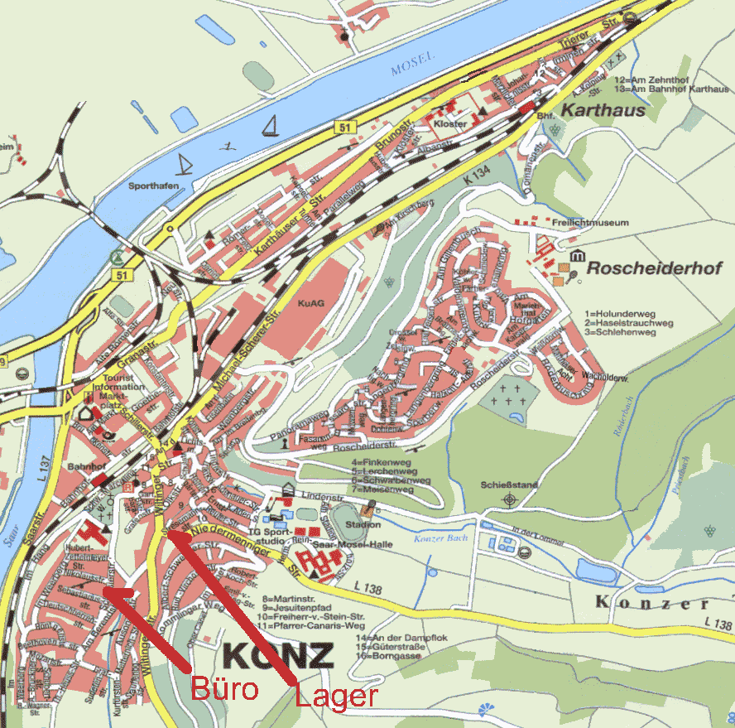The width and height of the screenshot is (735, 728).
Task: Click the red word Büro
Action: click(226, 688)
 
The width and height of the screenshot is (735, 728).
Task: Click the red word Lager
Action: click(337, 696)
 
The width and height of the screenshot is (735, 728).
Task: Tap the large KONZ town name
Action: click(278, 655)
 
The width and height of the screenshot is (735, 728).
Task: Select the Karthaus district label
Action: click(603, 109)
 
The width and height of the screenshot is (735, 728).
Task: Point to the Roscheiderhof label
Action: click(655, 268)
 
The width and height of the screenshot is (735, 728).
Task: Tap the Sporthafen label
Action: click(154, 186)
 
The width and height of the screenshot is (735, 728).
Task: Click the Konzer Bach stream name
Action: click(440, 538)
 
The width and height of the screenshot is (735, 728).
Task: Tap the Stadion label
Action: click(364, 524)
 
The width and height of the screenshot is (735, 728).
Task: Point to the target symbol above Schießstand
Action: click(508, 499)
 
